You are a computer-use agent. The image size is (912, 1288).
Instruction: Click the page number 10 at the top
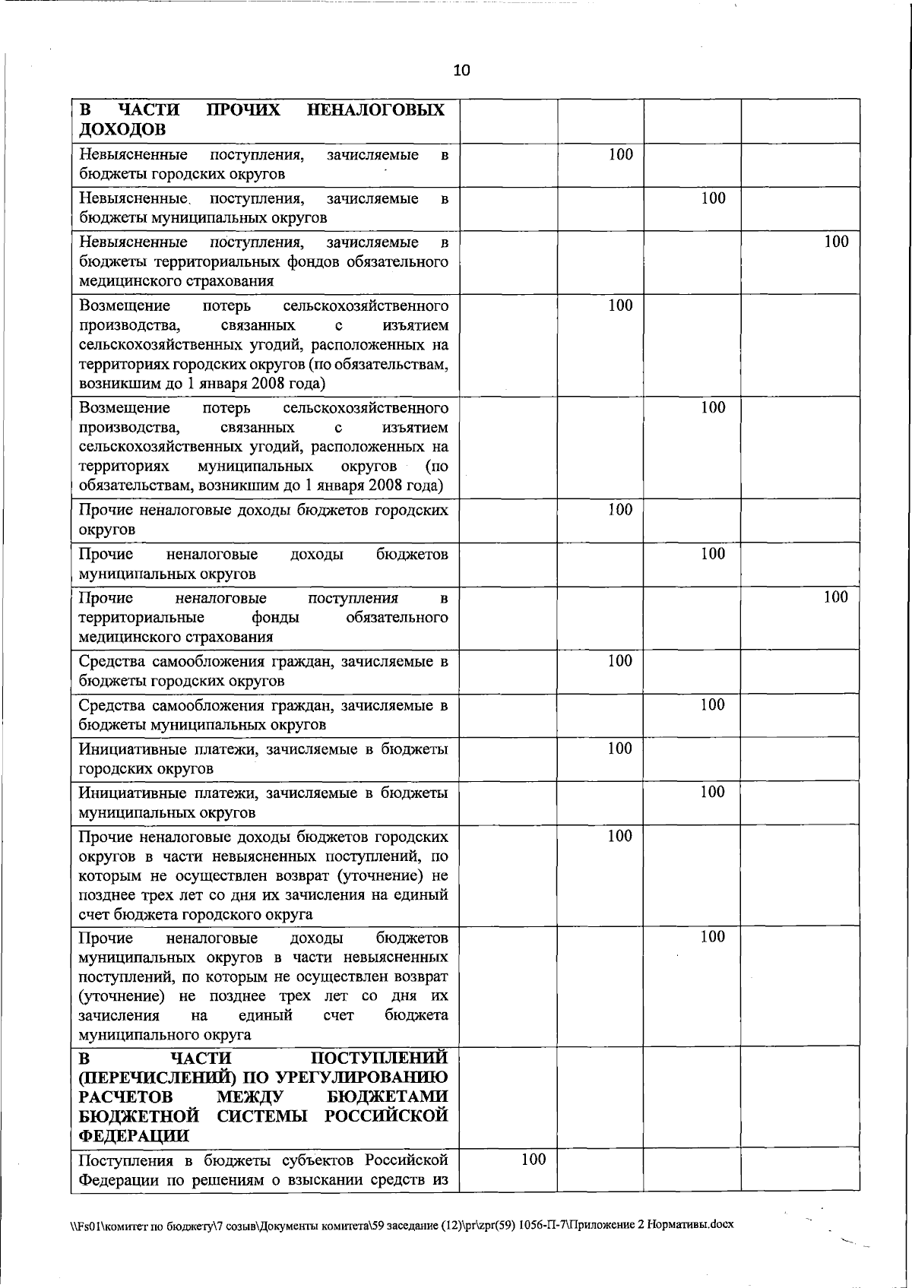[461, 71]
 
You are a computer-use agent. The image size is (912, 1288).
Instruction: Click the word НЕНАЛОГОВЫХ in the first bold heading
[376, 110]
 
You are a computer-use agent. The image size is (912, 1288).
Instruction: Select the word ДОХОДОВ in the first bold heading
[122, 129]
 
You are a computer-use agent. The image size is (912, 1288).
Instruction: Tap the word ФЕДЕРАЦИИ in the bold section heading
[134, 1135]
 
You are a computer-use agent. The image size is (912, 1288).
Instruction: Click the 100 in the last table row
[534, 1180]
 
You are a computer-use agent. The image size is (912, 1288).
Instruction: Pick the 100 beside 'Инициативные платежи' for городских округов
[620, 748]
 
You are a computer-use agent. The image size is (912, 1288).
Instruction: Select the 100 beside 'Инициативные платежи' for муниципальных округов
[712, 792]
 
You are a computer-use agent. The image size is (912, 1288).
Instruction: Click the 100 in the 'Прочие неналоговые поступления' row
[835, 597]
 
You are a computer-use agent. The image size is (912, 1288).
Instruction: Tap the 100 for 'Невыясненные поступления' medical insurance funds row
[836, 242]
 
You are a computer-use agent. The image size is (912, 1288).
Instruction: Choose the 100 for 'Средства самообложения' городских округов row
[620, 660]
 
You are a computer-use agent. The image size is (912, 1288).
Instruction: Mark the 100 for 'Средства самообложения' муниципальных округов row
[712, 704]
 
